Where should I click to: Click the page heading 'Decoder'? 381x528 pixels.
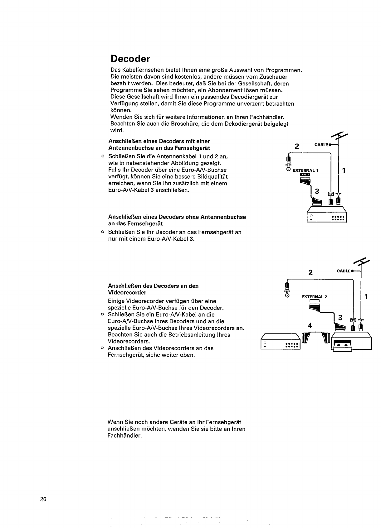(130, 59)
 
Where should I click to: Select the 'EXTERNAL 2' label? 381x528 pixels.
(314, 297)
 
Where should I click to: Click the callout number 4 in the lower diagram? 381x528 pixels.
(310, 326)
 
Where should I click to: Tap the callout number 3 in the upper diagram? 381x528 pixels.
(317, 191)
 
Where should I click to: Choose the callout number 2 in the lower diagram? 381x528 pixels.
(310, 273)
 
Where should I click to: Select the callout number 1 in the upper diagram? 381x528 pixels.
(344, 170)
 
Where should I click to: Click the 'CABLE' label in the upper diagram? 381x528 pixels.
(321, 145)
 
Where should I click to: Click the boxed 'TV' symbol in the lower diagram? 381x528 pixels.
(353, 320)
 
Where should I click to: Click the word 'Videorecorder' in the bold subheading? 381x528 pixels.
(127, 293)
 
